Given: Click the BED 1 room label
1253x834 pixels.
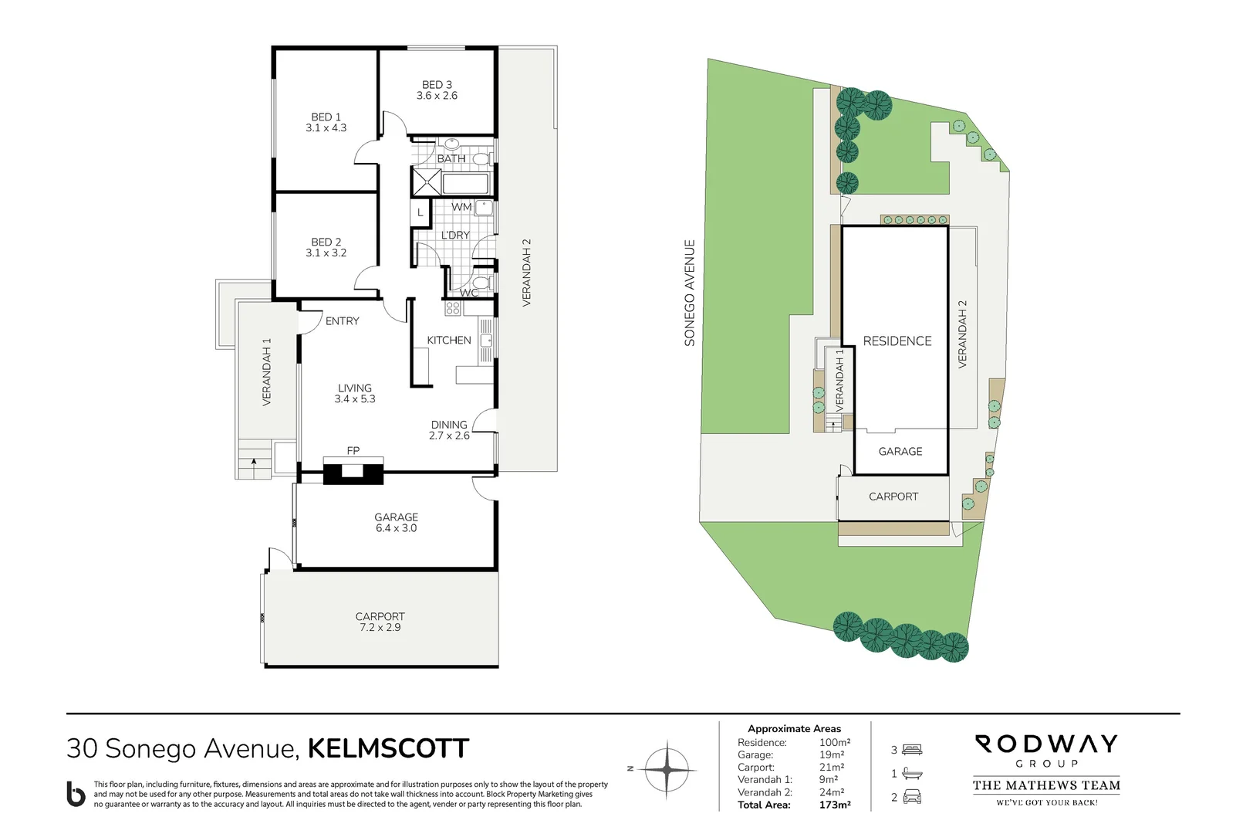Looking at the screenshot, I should [326, 117].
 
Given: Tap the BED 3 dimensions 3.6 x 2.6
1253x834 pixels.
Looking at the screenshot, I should [437, 96].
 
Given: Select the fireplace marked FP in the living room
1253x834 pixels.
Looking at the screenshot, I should [353, 470].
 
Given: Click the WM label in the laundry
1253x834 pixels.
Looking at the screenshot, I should [461, 207].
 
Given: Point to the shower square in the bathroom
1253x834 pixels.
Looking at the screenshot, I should [426, 182].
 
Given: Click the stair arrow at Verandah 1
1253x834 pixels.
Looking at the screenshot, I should [254, 463].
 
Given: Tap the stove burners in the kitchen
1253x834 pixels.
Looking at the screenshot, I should [453, 308].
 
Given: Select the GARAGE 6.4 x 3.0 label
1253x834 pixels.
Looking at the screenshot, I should [396, 523].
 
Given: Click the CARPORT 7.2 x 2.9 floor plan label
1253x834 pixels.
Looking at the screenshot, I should [380, 622].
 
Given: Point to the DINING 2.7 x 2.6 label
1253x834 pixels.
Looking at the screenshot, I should [449, 430].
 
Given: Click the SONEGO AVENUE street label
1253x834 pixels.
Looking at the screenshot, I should [690, 293].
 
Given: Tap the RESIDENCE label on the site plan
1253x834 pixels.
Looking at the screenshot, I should [897, 341].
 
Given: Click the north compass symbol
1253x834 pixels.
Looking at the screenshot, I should [667, 769].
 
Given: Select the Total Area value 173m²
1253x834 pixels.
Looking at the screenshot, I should [835, 805].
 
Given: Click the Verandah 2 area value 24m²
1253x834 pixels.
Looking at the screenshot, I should [832, 792].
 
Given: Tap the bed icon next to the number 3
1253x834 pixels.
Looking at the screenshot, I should [912, 749].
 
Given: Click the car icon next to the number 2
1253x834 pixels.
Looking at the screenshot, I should [912, 797].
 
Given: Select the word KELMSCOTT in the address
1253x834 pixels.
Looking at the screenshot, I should [388, 748].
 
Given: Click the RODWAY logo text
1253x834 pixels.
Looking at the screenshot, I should [1046, 744].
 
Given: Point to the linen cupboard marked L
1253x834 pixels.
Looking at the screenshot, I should [420, 212].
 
